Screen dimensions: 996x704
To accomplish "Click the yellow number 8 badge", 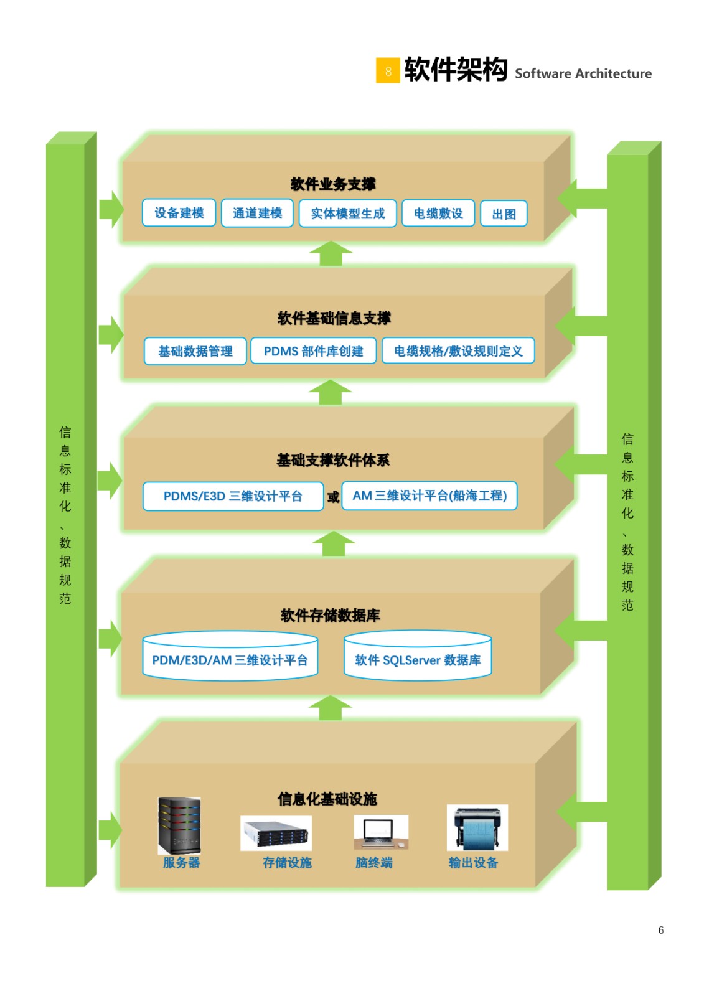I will click(388, 70).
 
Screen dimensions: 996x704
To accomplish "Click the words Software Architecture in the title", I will click(583, 73).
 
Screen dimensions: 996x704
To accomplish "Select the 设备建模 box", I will click(179, 213).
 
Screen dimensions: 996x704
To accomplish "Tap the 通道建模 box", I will click(257, 213).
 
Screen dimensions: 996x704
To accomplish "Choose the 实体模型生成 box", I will click(347, 214).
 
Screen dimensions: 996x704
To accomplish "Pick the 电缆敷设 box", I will click(438, 214).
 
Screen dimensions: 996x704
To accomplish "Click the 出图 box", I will click(504, 214).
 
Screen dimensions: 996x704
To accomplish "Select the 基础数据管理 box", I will click(195, 351).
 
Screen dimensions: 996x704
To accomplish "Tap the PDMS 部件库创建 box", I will click(313, 351).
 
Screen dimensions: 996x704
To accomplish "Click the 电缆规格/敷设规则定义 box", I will click(458, 351).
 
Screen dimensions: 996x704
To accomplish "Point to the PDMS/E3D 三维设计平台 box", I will click(233, 496).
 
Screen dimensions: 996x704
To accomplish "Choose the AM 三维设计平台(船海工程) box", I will click(429, 496).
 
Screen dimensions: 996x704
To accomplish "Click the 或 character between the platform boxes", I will click(333, 497).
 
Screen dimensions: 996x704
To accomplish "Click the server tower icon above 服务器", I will click(179, 825).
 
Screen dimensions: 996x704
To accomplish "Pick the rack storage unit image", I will click(276, 833).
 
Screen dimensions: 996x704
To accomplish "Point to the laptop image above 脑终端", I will click(380, 832).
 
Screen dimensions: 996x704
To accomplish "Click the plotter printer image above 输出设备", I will click(477, 827).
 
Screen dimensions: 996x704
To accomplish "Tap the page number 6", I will click(660, 930).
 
